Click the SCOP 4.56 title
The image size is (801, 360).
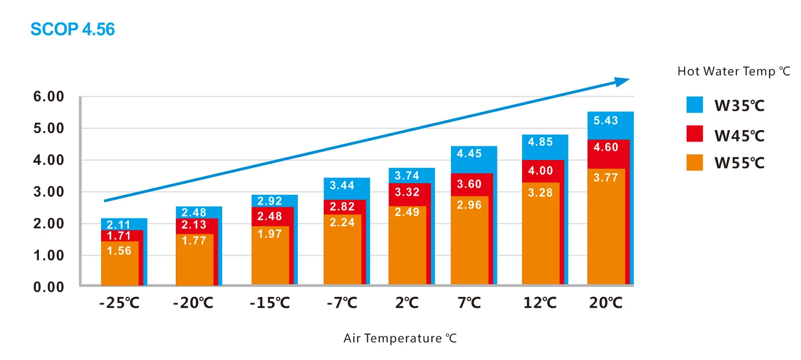click(x=73, y=29)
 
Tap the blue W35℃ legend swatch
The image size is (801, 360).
click(x=695, y=105)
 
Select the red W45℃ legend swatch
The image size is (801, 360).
click(x=695, y=134)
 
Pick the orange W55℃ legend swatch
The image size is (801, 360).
click(x=695, y=163)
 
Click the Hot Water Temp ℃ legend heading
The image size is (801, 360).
click(x=734, y=72)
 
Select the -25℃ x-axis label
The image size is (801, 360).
click(x=119, y=304)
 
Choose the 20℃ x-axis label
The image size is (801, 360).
click(x=605, y=304)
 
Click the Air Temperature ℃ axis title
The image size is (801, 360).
click(x=400, y=338)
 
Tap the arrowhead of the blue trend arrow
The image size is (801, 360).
click(x=622, y=81)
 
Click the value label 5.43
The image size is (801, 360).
click(x=606, y=121)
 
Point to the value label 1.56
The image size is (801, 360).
click(x=119, y=251)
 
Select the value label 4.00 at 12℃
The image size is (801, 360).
click(x=540, y=171)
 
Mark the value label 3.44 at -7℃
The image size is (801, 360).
click(x=342, y=185)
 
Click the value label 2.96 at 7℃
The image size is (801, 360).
click(x=469, y=205)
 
